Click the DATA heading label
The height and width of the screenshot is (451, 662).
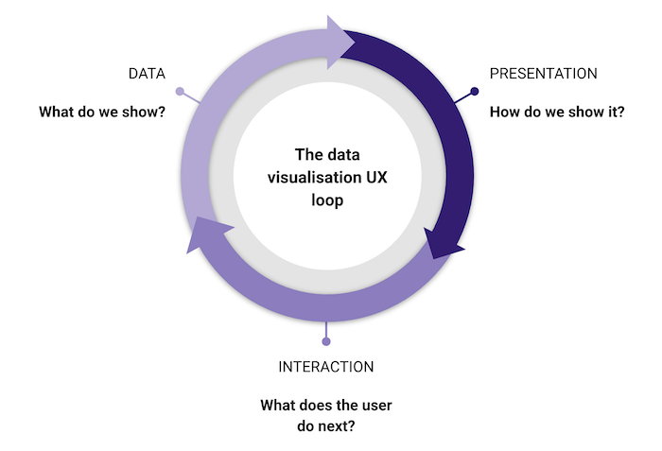point(147,73)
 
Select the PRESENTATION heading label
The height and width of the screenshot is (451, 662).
point(543,73)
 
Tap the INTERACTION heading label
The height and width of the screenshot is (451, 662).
point(326,367)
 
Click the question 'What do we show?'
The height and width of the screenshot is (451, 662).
point(102,112)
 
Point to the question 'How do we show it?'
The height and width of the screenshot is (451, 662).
point(557,112)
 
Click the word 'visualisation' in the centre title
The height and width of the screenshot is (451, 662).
point(306,176)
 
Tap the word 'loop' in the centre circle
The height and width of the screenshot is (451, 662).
point(326,199)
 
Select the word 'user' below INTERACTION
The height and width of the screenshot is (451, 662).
point(373,406)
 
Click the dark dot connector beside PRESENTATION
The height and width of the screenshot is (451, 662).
point(475,92)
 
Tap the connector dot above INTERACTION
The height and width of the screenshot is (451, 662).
point(326,341)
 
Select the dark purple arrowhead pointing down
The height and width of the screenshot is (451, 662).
point(444,242)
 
